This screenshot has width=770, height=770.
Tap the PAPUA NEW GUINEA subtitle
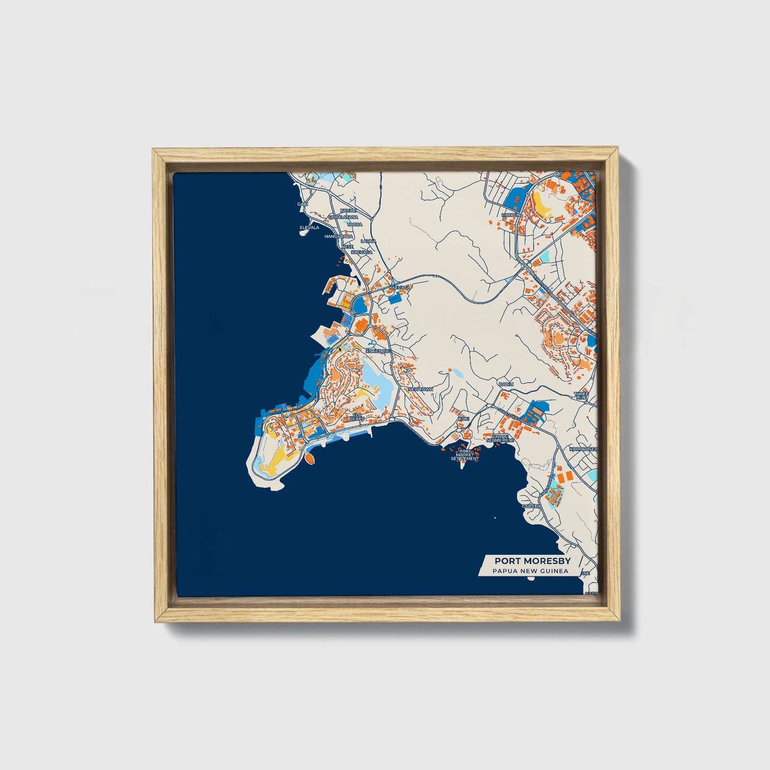pos(530,571)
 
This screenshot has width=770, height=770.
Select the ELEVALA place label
pos(309,227)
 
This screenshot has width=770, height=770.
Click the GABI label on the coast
pos(303,204)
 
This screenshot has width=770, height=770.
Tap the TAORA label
pos(355,224)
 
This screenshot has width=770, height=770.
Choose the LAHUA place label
pos(368,241)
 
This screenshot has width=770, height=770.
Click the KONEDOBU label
pos(378,351)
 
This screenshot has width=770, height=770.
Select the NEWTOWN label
pos(420,390)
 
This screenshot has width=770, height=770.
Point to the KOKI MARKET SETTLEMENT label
pos(465,455)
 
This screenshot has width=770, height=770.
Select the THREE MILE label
pos(581,396)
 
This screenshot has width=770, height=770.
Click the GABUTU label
pos(531,506)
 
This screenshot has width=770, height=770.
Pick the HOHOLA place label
pos(510,215)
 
